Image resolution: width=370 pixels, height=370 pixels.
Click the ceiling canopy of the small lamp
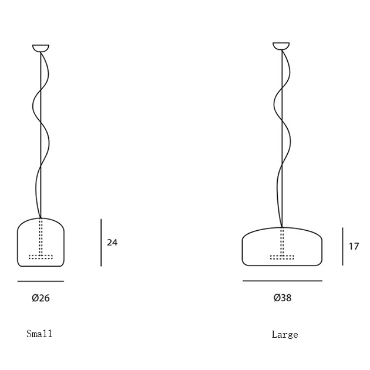click(41, 48)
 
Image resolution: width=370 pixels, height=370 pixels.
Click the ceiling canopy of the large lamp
click(281, 46)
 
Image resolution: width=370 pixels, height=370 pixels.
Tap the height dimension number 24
click(112, 243)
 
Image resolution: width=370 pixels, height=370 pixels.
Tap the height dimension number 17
click(354, 246)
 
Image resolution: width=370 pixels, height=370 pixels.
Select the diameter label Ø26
click(41, 298)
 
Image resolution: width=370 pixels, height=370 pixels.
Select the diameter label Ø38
click(282, 298)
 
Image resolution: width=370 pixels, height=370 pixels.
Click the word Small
click(39, 334)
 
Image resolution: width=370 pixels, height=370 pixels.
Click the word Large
click(285, 335)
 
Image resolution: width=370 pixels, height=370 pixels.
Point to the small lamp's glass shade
click(18, 245)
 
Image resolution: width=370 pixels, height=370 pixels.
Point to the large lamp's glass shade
click(243, 250)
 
